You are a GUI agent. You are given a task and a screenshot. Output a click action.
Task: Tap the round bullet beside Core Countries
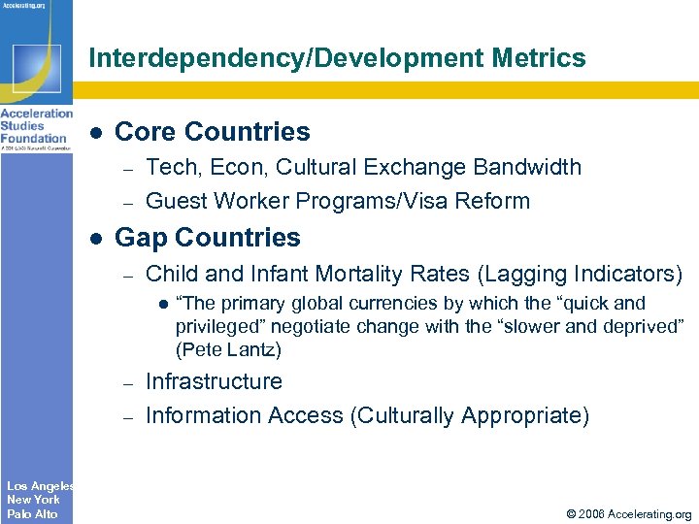96,133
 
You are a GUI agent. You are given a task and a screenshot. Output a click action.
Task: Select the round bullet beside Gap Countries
96,239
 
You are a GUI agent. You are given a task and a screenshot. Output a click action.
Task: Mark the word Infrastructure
214,382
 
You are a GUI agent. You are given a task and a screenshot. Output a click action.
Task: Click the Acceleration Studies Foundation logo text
36,125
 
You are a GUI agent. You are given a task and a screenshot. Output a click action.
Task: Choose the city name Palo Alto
32,513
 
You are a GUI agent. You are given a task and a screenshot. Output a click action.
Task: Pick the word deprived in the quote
648,327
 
